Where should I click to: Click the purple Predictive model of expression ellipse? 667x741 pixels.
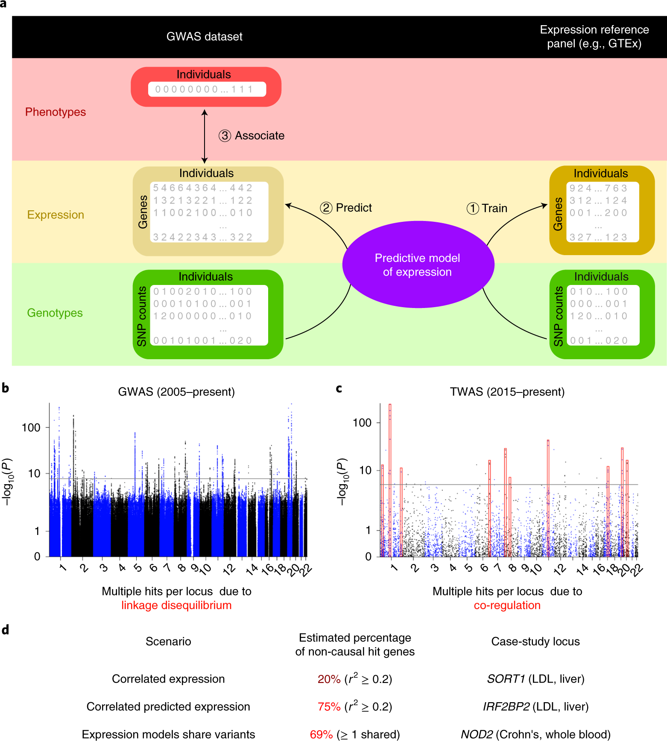point(418,265)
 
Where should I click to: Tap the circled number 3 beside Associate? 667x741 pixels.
point(225,136)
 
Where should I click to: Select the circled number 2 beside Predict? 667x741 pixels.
point(326,208)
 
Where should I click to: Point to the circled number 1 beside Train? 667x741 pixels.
point(472,209)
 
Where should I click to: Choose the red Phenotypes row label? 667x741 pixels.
point(56,112)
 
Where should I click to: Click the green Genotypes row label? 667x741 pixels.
point(55,313)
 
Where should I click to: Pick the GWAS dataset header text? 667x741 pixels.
point(204,37)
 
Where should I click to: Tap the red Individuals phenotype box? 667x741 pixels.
point(206,87)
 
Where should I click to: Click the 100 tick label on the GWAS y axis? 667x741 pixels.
point(31,427)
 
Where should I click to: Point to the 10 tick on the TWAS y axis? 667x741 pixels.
point(365,470)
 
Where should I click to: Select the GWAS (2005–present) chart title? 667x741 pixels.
point(176,392)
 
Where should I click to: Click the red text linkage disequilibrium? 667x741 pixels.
point(176,605)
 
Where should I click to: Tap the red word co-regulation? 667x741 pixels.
point(507,605)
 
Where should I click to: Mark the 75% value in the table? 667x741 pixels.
point(329,707)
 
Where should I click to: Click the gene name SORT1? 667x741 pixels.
point(506,679)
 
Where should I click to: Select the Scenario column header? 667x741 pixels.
point(168,641)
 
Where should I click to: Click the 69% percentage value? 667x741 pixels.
point(321,735)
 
